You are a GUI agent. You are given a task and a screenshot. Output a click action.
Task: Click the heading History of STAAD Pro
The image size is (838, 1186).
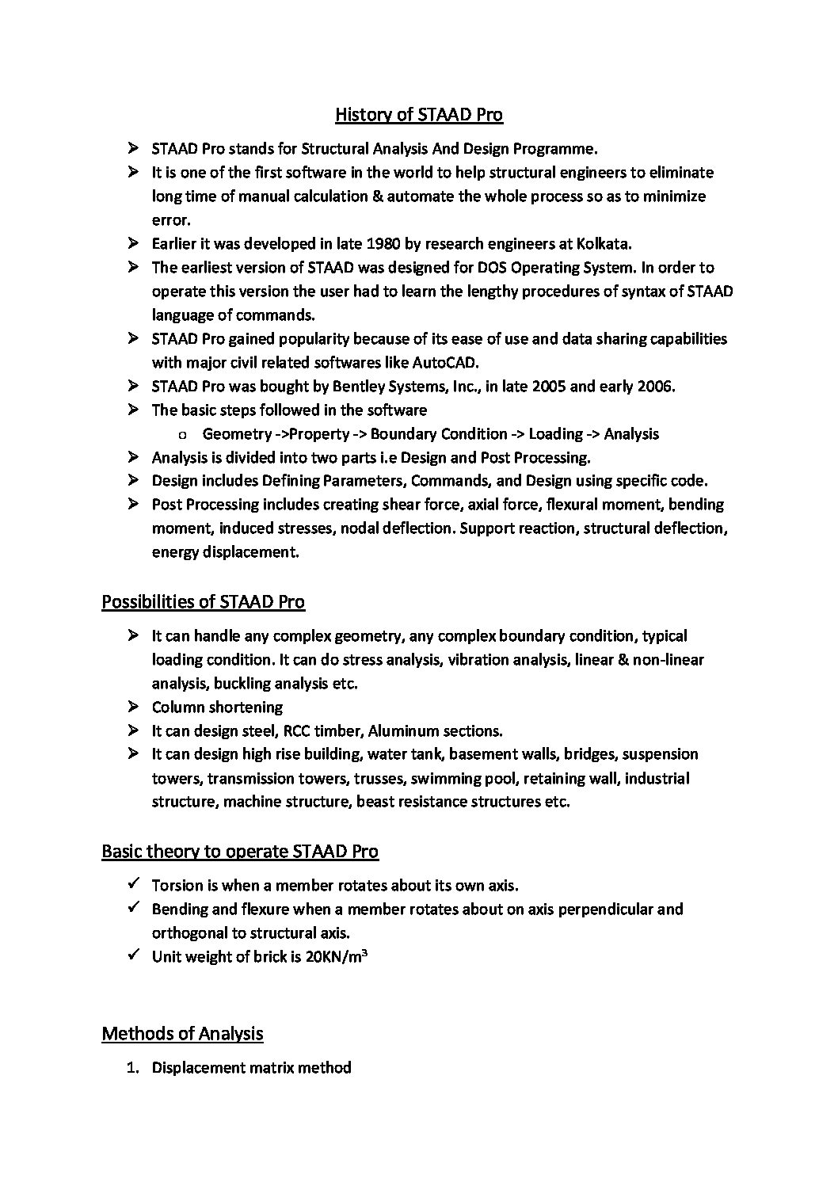[418, 115]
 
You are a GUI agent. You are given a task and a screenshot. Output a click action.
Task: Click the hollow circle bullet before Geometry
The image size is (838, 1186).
[183, 435]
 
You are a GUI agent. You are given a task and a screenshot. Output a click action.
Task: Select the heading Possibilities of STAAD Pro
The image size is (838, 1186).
[203, 602]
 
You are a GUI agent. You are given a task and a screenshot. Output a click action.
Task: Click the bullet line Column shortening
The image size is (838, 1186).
[217, 707]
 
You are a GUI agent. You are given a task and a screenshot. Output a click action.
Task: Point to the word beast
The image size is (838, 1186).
[375, 801]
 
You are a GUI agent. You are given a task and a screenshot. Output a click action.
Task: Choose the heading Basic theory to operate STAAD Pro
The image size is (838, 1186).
[240, 852]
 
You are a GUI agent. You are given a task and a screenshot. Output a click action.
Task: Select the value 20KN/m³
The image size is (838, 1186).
[335, 956]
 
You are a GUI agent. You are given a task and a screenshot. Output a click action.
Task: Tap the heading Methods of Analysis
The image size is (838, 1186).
[182, 1034]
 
